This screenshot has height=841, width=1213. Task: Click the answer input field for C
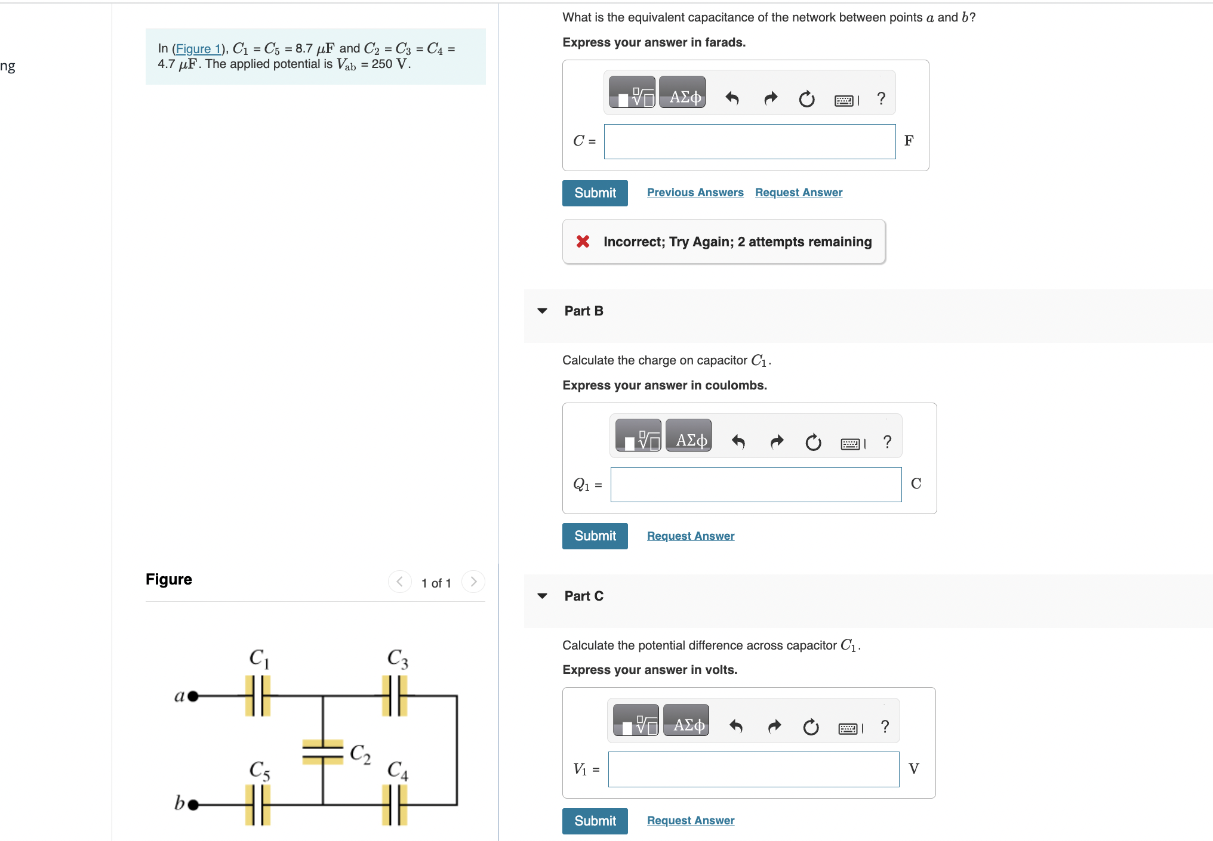749,142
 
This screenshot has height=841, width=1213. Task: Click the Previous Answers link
695,193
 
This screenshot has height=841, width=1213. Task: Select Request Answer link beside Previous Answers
798,193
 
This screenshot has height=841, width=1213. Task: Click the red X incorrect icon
583,242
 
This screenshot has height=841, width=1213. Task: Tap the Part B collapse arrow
542,311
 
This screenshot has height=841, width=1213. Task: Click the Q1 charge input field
755,485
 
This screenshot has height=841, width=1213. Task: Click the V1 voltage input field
753,769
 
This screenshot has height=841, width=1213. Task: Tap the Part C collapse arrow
542,596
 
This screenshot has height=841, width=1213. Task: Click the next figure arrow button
473,582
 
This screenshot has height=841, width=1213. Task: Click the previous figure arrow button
399,582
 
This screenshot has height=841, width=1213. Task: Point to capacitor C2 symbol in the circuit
322,752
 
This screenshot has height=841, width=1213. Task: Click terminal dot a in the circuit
193,696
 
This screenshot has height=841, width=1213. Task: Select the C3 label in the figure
398,658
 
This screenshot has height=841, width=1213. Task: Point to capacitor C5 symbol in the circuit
258,805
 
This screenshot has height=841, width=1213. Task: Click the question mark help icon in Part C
885,726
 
